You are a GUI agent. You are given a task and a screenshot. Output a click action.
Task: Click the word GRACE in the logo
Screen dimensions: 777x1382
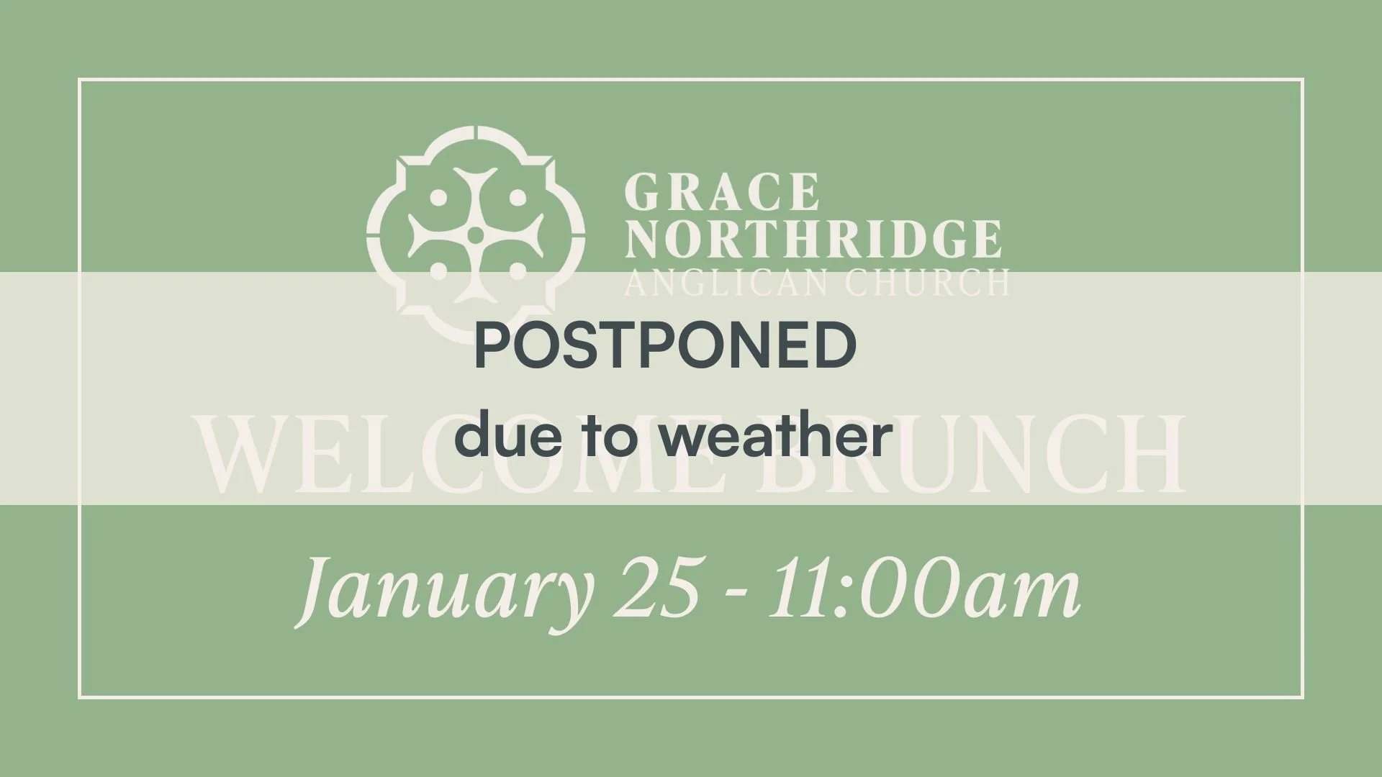pos(722,192)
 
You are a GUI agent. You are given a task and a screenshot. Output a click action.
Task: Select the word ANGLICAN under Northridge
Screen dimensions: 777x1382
pos(728,283)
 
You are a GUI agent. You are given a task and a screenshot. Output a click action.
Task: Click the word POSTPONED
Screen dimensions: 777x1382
pos(665,346)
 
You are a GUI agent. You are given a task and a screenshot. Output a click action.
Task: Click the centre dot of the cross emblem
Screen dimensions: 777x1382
pos(475,235)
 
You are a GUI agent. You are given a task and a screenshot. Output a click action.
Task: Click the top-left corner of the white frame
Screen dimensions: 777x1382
pos(79,80)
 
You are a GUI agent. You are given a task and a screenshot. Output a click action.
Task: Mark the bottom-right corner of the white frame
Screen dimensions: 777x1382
pos(1303,697)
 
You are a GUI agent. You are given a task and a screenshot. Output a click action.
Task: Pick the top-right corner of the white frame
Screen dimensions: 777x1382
pos(1303,80)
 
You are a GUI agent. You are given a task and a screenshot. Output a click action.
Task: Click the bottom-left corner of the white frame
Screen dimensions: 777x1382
pos(79,697)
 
